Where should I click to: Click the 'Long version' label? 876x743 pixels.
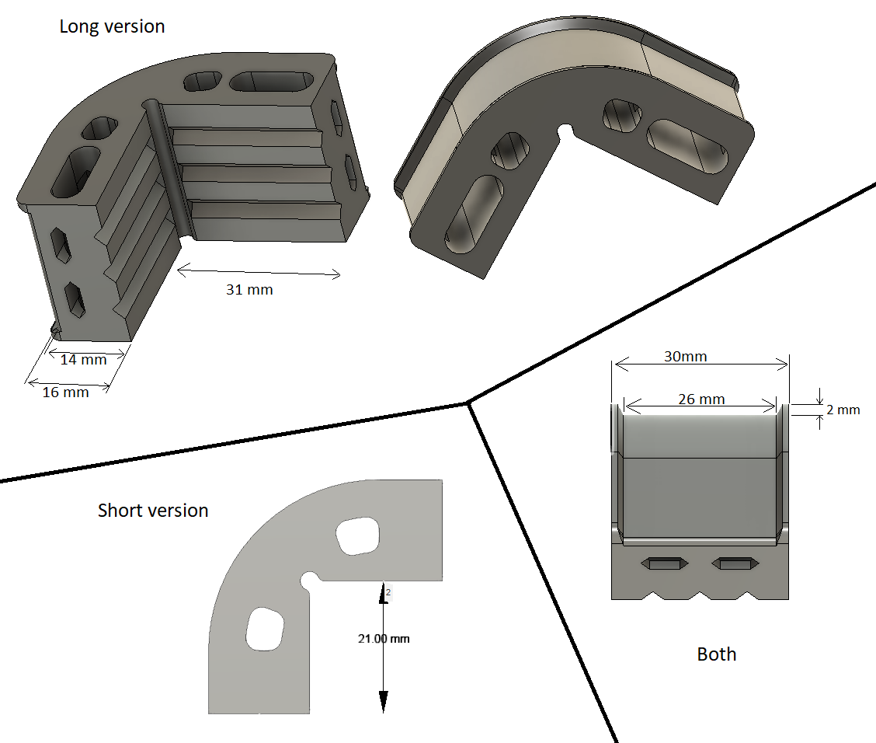(x=112, y=26)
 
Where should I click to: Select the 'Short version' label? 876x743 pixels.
(x=153, y=511)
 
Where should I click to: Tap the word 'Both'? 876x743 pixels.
(x=716, y=654)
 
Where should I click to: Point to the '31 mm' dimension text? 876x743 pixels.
(x=249, y=290)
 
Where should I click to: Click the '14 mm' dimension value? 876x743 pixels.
(x=84, y=360)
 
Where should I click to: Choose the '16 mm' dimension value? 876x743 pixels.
(x=65, y=392)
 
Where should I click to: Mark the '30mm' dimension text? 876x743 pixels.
(x=685, y=356)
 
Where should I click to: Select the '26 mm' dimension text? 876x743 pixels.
(x=700, y=399)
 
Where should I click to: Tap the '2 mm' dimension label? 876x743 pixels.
(x=843, y=410)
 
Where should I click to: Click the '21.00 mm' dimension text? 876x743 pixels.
(x=383, y=639)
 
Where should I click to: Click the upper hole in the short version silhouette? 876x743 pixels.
(x=358, y=536)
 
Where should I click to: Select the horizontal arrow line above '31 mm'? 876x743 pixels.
(x=259, y=272)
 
